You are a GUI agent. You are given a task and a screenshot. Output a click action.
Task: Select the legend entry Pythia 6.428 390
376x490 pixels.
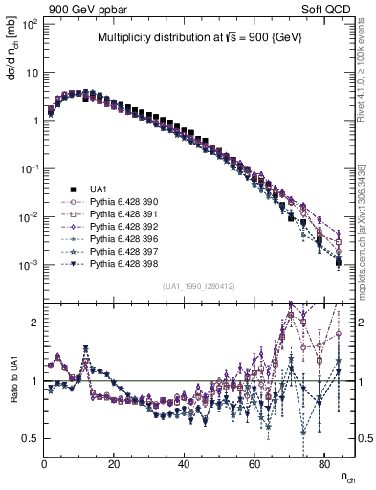(x=120, y=202)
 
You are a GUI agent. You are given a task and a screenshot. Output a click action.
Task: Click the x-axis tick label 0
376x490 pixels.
(x=45, y=465)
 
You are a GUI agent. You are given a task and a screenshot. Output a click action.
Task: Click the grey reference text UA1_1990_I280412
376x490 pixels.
(x=199, y=286)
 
